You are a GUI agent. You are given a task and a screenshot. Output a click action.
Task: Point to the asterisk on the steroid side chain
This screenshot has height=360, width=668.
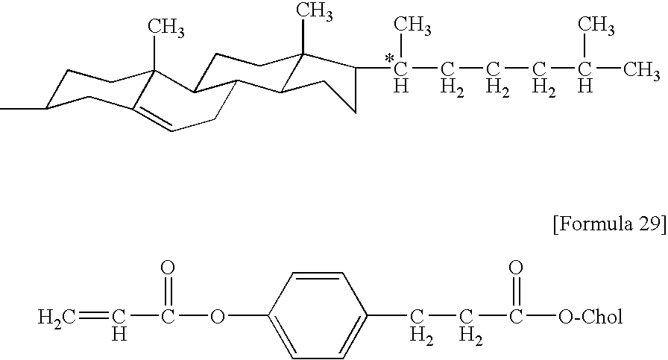(388, 57)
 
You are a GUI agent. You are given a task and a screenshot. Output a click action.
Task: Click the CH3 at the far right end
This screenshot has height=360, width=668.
(642, 70)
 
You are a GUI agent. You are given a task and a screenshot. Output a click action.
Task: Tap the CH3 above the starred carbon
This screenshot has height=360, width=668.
(412, 28)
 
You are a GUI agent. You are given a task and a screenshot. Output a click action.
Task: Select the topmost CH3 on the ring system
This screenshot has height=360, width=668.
(314, 10)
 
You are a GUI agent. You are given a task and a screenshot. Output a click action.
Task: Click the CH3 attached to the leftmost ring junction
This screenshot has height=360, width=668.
(166, 29)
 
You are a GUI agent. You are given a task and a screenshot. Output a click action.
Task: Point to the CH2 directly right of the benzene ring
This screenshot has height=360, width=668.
(421, 325)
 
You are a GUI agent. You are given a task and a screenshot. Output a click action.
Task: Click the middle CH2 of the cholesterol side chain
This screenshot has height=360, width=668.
(493, 76)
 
